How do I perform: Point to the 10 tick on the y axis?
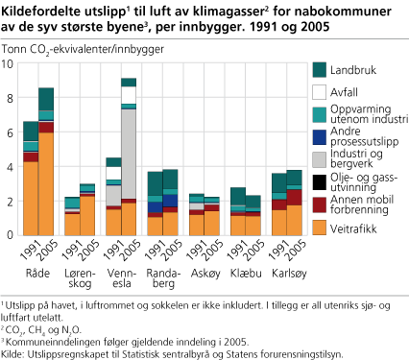11,63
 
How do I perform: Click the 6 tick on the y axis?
12,132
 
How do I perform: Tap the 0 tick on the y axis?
12,234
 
